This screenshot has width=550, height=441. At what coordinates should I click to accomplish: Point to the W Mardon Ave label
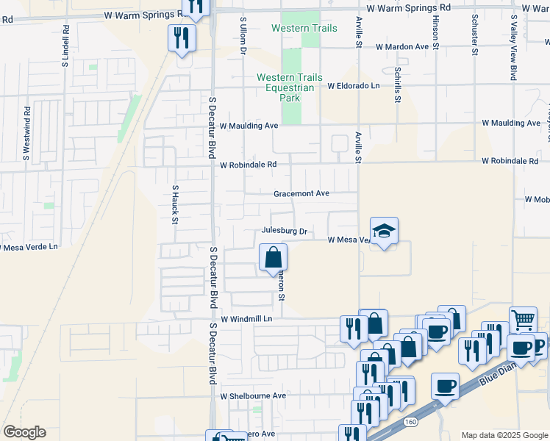coord(401,46)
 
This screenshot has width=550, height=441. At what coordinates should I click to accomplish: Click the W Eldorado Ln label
coord(353,86)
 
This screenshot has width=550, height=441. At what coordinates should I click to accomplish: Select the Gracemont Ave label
coord(301,194)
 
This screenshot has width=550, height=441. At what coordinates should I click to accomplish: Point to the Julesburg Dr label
coord(283,231)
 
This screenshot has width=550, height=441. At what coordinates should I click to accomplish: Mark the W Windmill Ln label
coord(246,319)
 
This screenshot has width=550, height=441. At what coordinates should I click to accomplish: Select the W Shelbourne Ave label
coord(254,395)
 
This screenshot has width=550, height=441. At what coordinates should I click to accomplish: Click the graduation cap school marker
coord(384,232)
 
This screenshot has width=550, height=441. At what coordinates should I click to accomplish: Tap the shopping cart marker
coord(523,319)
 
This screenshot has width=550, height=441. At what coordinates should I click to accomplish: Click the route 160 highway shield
coord(410,422)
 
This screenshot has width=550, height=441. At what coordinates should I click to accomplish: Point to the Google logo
coord(24,432)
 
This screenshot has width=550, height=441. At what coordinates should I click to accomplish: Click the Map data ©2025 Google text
coord(504,435)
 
